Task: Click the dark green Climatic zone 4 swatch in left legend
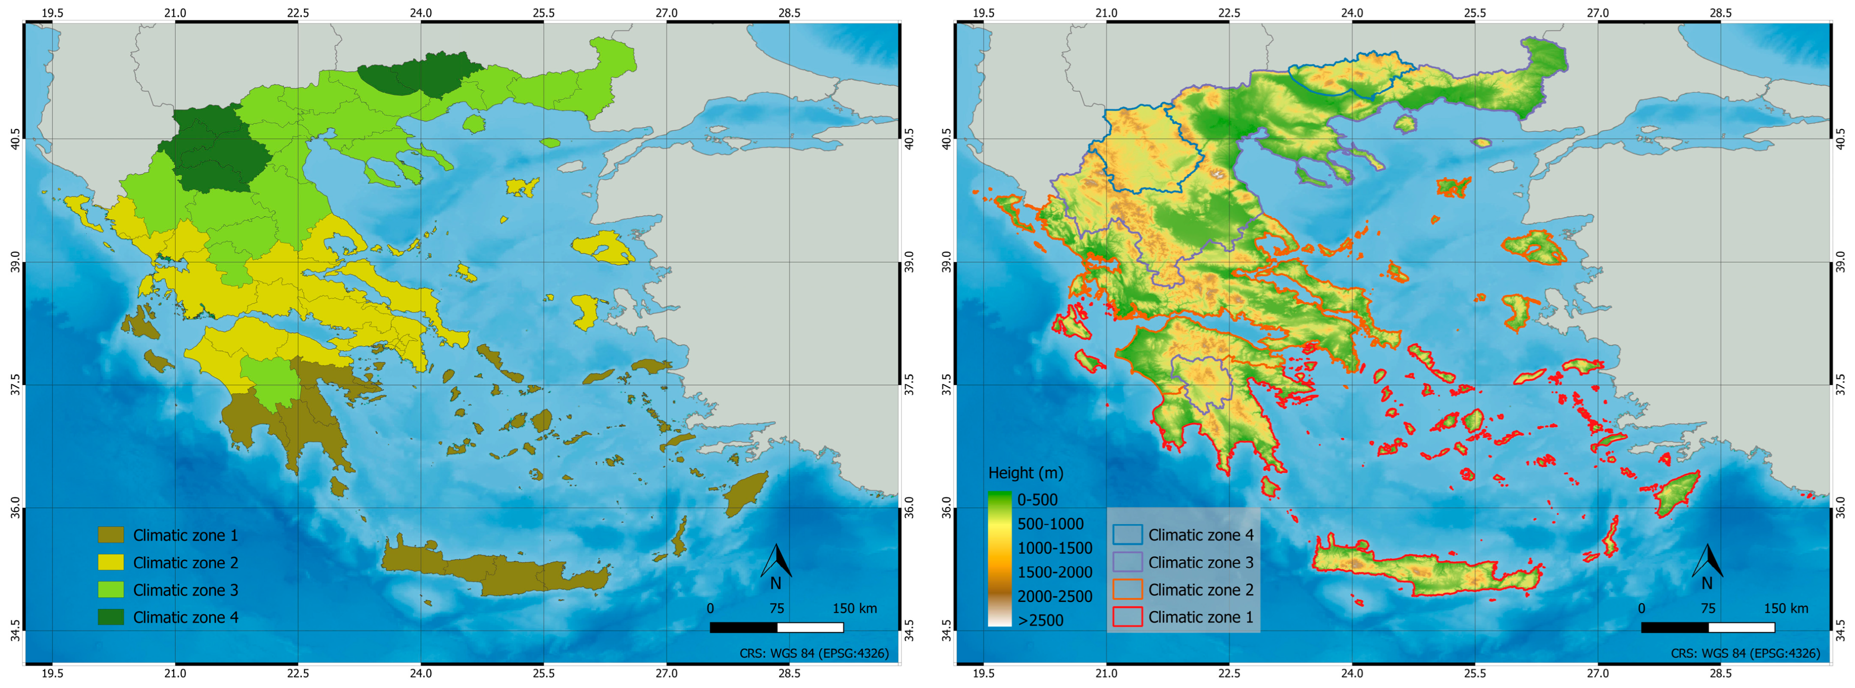click(110, 617)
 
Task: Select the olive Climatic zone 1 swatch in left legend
click(110, 535)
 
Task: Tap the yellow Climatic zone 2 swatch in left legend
click(110, 562)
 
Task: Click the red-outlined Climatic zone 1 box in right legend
click(1127, 617)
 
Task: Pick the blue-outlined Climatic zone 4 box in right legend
click(1127, 535)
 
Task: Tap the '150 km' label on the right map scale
click(1785, 608)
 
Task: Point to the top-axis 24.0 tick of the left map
click(420, 13)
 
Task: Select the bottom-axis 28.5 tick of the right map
click(1720, 674)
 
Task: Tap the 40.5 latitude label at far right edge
click(1841, 139)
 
